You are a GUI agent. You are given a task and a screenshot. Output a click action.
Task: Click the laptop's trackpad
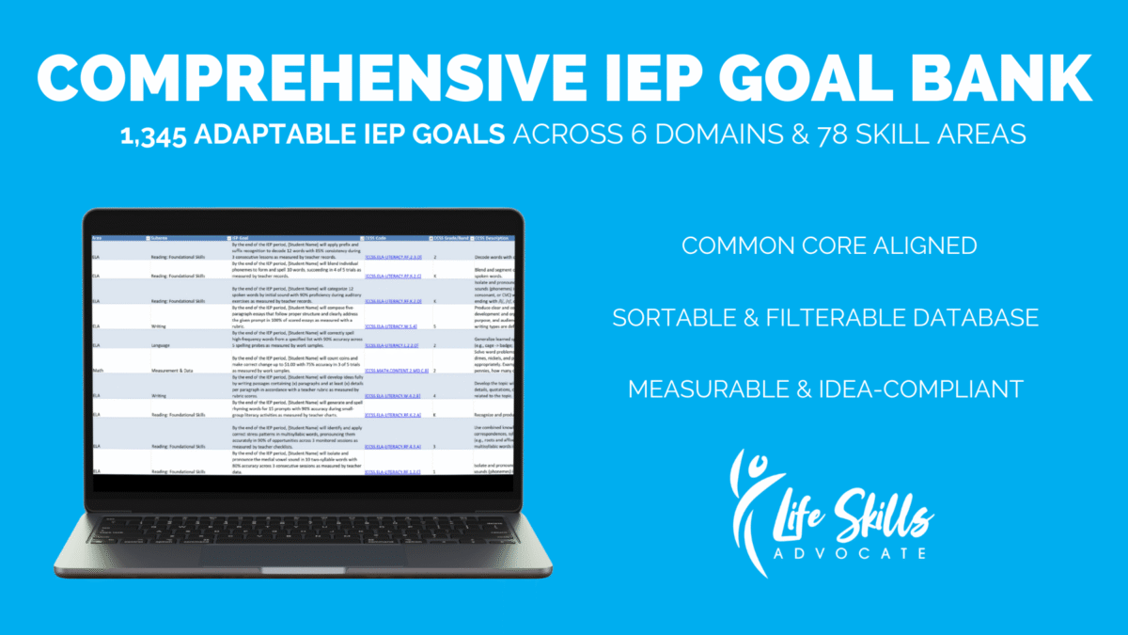(x=302, y=549)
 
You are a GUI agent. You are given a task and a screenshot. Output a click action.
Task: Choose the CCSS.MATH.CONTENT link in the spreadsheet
(x=396, y=370)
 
